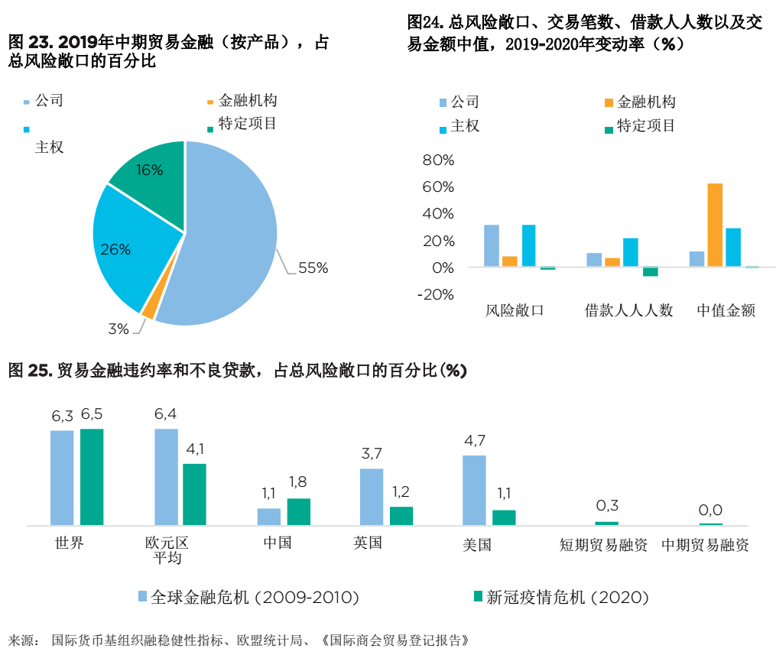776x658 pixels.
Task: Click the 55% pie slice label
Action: point(313,268)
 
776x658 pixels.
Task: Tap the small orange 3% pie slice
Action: point(149,308)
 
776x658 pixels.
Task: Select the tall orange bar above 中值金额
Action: point(715,225)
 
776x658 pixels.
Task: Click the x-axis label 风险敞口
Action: point(515,310)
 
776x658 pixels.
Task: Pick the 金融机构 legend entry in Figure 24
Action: point(645,102)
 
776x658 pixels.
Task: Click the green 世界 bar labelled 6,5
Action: point(92,477)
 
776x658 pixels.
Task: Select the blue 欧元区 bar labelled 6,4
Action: point(167,477)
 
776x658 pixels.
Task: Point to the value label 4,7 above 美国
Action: point(474,440)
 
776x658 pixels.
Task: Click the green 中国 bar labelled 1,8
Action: point(298,511)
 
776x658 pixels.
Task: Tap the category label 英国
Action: point(368,543)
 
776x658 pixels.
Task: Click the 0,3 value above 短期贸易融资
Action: point(606,505)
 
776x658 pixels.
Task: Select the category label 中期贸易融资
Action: point(705,545)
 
